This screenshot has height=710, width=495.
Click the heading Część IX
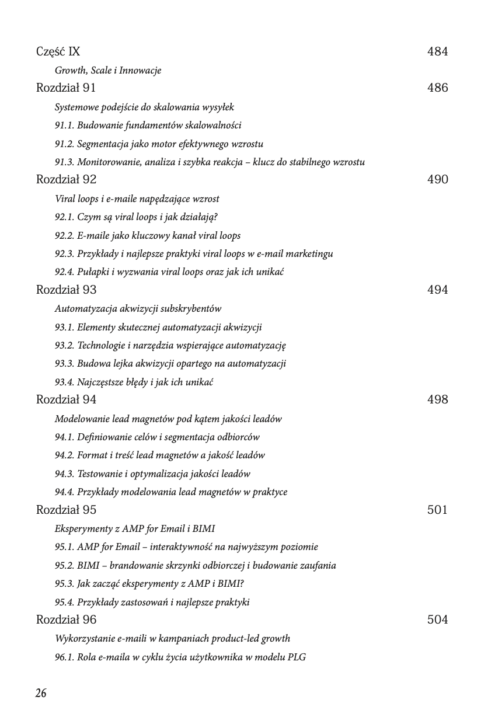(x=58, y=51)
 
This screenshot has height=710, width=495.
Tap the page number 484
(x=437, y=51)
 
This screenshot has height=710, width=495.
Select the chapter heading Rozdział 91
(x=66, y=88)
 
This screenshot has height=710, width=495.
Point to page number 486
(x=437, y=88)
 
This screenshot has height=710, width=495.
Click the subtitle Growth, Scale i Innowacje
(x=108, y=71)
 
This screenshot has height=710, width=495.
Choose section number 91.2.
(x=64, y=144)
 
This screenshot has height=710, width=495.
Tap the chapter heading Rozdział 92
(x=66, y=179)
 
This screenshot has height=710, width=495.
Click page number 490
(x=437, y=179)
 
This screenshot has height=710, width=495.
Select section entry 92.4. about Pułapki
(x=169, y=272)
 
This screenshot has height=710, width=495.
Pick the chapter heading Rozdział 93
(x=66, y=290)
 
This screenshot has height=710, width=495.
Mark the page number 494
(x=437, y=290)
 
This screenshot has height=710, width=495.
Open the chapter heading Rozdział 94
(x=66, y=399)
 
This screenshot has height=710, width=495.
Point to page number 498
(x=437, y=399)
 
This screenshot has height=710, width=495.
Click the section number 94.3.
(x=64, y=474)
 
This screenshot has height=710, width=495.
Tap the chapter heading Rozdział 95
(x=66, y=510)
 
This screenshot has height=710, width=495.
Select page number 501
(x=437, y=510)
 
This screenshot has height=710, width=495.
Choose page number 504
(x=437, y=619)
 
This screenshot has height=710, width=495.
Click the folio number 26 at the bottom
(x=41, y=693)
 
